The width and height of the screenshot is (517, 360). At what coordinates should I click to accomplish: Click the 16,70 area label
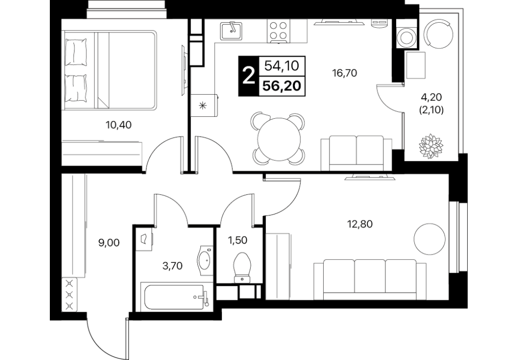(x=345, y=73)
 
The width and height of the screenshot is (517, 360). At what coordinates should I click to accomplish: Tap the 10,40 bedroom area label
(x=119, y=125)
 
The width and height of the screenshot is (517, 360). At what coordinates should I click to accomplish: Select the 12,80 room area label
(x=360, y=224)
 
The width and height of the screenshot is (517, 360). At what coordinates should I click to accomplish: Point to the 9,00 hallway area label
(x=109, y=243)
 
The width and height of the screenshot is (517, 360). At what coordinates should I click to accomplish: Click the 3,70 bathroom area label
(x=173, y=265)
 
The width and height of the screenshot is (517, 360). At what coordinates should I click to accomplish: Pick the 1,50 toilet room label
(x=237, y=240)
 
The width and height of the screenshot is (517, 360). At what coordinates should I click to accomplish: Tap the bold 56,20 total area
(x=282, y=86)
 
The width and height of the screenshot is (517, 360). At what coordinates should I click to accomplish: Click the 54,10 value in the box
(x=282, y=66)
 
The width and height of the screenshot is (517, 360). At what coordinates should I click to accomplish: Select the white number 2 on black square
(x=249, y=77)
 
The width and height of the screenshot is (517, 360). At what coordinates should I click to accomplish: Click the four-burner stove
(x=278, y=31)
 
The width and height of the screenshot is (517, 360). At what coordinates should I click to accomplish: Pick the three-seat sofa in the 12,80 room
(x=370, y=279)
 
